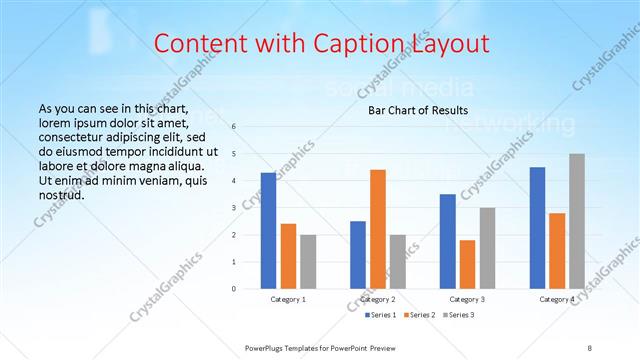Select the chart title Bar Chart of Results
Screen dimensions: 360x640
click(412, 110)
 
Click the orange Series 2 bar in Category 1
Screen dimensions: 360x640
click(288, 256)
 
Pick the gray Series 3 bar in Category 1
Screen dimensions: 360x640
click(307, 261)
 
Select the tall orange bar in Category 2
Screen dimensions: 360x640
click(377, 229)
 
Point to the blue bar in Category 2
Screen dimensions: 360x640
click(358, 254)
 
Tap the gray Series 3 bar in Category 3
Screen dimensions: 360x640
click(486, 248)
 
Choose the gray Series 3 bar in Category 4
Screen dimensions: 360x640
click(576, 221)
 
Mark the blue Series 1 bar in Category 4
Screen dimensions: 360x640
click(537, 227)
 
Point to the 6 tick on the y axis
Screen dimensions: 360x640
click(233, 127)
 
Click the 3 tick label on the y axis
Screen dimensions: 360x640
click(233, 208)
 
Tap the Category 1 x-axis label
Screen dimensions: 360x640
click(288, 299)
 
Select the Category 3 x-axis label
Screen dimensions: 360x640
click(467, 299)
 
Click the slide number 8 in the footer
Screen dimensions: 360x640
click(590, 346)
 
